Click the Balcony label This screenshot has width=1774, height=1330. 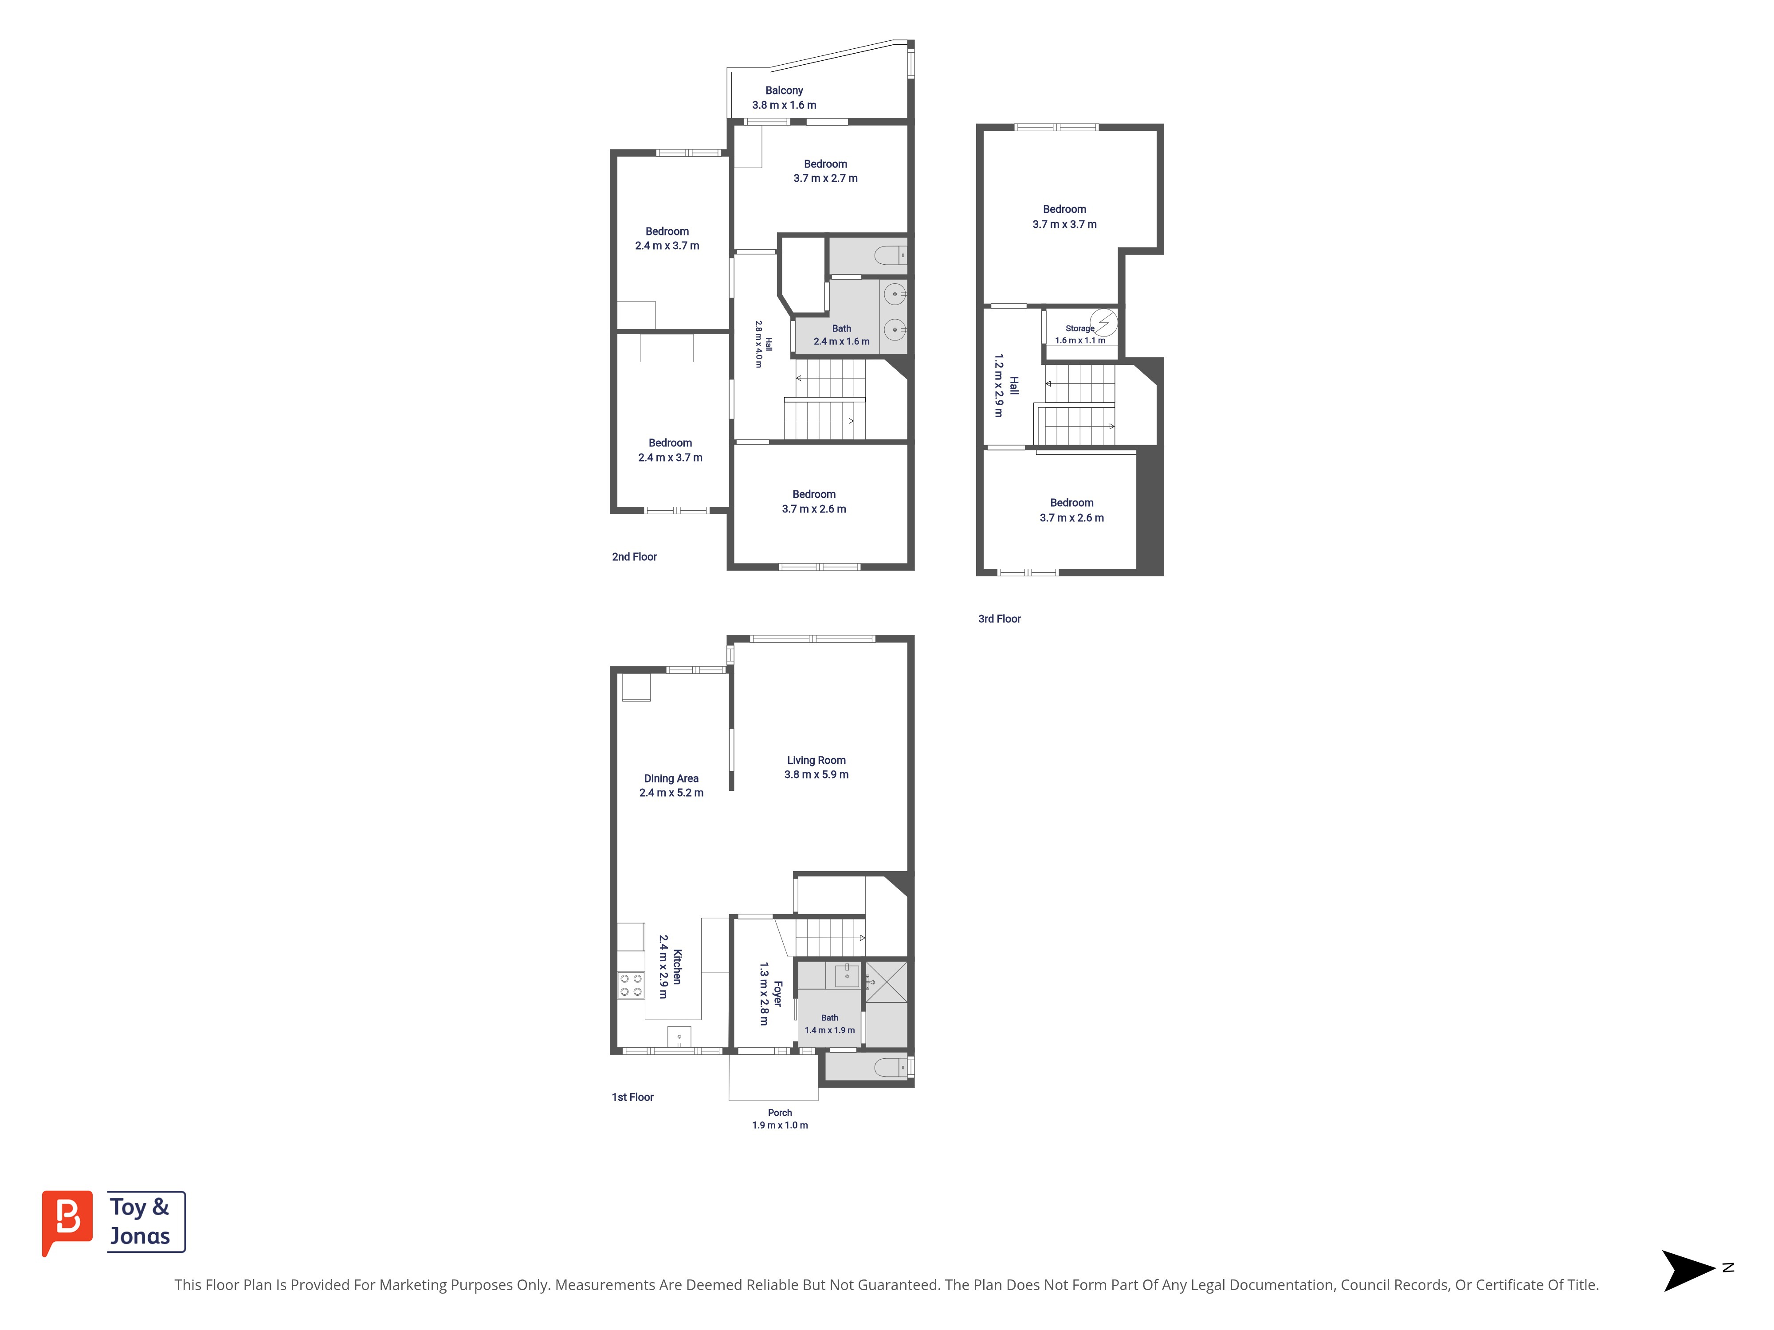(x=784, y=90)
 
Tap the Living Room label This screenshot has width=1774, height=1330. (x=816, y=760)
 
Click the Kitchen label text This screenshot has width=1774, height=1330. (x=677, y=967)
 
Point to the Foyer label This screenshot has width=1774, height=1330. (x=777, y=994)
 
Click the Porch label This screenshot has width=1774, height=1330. (x=780, y=1113)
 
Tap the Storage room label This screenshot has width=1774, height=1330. (x=1079, y=329)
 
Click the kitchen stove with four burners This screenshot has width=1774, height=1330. (x=630, y=985)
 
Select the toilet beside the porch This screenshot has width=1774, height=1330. (x=890, y=1067)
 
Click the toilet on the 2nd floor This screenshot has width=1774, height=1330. (x=890, y=256)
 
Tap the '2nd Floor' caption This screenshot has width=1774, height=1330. (x=634, y=556)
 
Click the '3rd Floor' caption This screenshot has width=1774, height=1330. (x=999, y=619)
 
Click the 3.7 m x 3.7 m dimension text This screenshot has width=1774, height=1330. (x=1064, y=224)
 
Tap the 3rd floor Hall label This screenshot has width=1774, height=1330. (x=1014, y=386)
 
